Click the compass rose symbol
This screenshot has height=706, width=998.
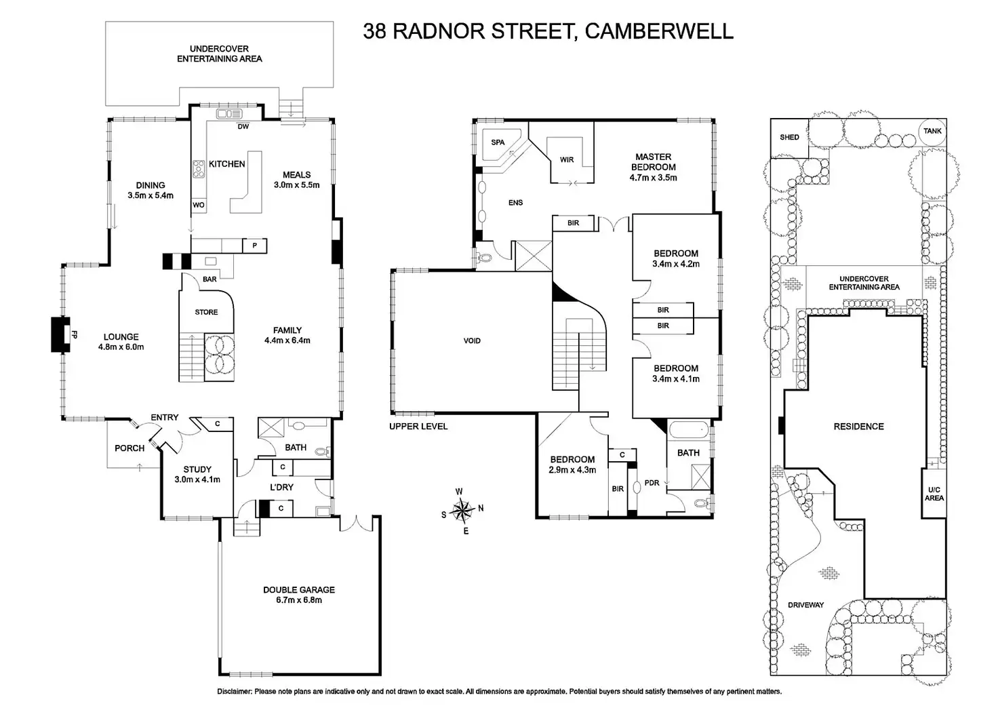click(x=462, y=508)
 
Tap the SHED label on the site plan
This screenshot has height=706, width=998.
click(x=789, y=137)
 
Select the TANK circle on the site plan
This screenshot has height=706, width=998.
click(x=932, y=131)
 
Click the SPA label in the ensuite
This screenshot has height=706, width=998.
click(x=498, y=142)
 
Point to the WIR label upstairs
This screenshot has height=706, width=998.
click(x=567, y=160)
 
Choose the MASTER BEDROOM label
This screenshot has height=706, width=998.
click(x=654, y=161)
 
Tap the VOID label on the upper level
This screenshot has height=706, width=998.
click(x=472, y=340)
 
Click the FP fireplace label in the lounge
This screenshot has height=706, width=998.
click(x=75, y=334)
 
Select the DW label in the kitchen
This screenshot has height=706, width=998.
click(x=243, y=126)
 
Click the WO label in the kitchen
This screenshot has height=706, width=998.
click(x=199, y=205)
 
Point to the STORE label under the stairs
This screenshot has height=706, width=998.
click(x=206, y=312)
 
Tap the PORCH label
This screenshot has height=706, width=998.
click(x=129, y=448)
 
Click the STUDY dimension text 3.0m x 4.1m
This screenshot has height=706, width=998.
click(x=197, y=479)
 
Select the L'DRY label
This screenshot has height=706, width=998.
click(x=281, y=487)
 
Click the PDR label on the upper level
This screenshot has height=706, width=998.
click(x=652, y=483)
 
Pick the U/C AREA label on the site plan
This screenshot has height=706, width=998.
click(x=934, y=493)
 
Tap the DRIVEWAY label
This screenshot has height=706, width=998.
click(x=805, y=604)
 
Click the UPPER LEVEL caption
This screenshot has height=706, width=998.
click(x=418, y=426)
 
